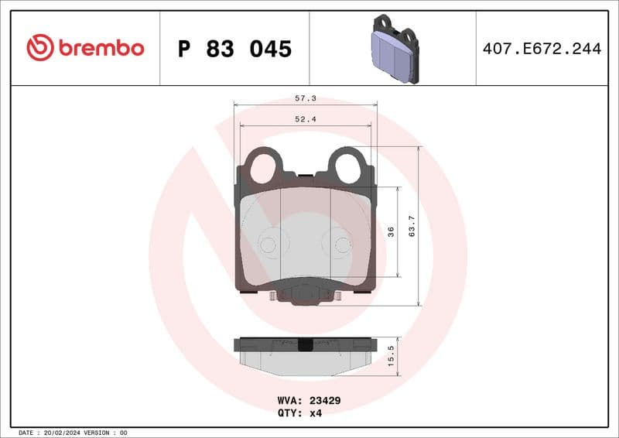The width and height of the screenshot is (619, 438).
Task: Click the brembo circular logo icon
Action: pyautogui.click(x=39, y=48)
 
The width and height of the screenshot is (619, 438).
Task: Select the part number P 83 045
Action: pyautogui.click(x=234, y=49)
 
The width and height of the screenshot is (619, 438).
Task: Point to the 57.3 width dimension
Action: pyautogui.click(x=305, y=99)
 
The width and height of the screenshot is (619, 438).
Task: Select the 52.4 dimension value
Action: pyautogui.click(x=305, y=119)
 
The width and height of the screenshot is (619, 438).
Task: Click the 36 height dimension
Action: pyautogui.click(x=391, y=231)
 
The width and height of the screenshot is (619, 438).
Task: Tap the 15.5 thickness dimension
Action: pyautogui.click(x=391, y=354)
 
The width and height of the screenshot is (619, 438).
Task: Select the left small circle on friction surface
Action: pyautogui.click(x=268, y=245)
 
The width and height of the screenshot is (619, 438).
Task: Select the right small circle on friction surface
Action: pyautogui.click(x=341, y=245)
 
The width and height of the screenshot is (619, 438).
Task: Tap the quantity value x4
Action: pyautogui.click(x=315, y=413)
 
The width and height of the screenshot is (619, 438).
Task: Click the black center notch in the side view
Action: pyautogui.click(x=305, y=345)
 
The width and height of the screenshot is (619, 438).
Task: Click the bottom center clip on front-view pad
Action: pyautogui.click(x=305, y=293)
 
